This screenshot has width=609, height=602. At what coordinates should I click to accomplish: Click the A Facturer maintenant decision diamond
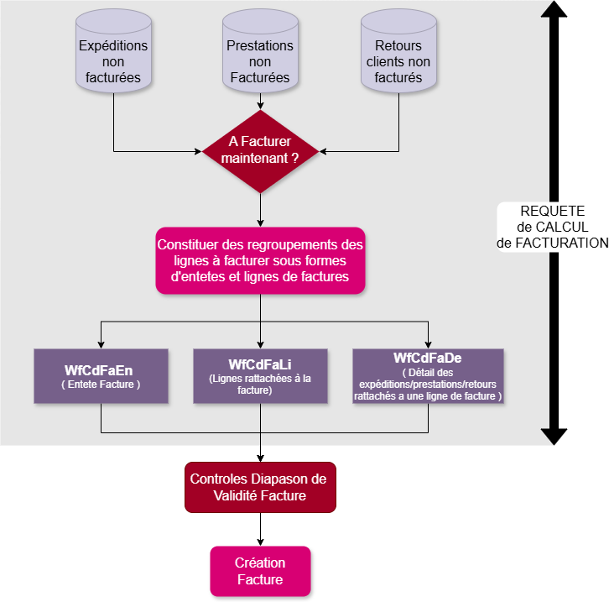click(x=260, y=151)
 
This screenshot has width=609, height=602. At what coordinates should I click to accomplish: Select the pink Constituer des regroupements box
click(x=260, y=260)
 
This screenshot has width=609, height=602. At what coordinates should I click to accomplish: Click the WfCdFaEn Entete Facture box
click(x=101, y=376)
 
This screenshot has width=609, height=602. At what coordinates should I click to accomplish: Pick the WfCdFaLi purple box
click(x=260, y=376)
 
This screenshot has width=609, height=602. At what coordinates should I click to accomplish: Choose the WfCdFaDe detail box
click(x=428, y=376)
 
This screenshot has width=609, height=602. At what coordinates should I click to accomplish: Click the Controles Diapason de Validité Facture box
click(x=260, y=487)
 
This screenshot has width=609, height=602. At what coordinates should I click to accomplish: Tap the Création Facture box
click(x=260, y=571)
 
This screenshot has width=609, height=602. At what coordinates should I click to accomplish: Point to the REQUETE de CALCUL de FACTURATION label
click(x=552, y=227)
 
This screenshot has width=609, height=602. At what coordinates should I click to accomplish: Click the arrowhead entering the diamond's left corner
click(x=198, y=152)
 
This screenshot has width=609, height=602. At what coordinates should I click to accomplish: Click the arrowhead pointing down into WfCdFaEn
click(x=101, y=343)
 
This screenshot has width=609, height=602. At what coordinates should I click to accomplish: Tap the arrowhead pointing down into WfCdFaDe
click(x=428, y=343)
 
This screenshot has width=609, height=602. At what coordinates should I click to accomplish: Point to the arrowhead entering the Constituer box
click(x=260, y=222)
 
